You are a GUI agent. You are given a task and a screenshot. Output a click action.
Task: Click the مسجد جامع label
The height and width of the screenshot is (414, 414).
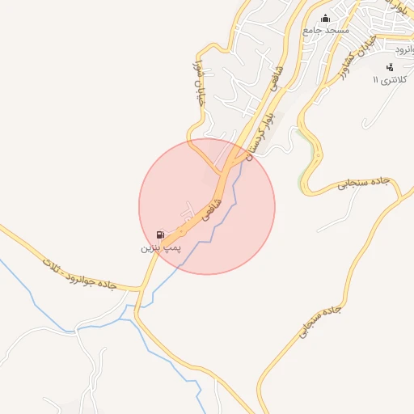click(325, 30)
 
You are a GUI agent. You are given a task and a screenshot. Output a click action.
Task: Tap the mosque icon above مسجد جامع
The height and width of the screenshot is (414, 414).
click(326, 19)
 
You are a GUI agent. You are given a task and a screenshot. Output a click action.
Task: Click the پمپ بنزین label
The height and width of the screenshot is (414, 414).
click(156, 245)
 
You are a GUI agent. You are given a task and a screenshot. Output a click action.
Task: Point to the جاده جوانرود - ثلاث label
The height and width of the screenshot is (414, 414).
click(78, 272)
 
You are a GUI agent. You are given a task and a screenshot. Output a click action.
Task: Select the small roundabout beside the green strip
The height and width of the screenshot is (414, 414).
click(306, 190)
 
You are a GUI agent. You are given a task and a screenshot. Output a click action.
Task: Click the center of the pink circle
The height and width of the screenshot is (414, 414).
click(207, 206)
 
